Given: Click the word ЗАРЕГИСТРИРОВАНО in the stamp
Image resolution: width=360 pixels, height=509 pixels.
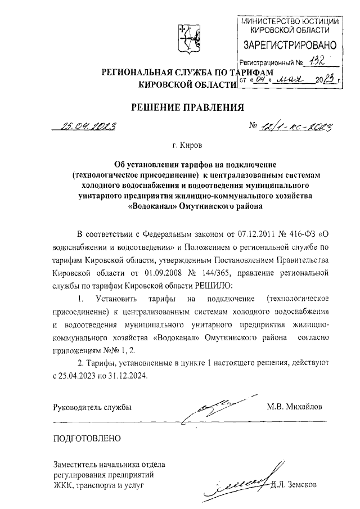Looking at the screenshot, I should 289,44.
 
